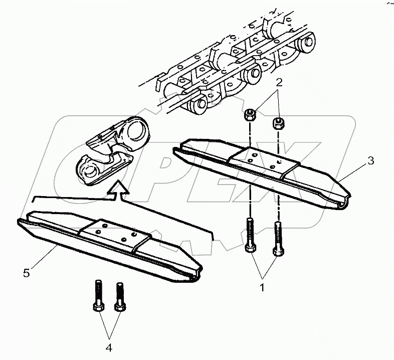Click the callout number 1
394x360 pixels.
[x=262, y=288]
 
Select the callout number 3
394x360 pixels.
[x=370, y=161]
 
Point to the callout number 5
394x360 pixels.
[x=28, y=273]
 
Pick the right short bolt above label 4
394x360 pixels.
[x=119, y=298]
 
